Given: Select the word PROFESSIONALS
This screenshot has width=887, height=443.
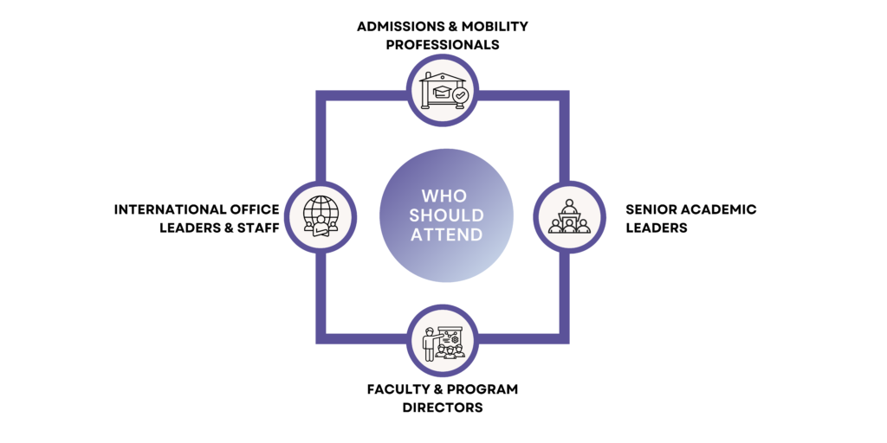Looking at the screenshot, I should point(443,44).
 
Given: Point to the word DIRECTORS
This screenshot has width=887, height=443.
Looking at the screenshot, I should point(443,407).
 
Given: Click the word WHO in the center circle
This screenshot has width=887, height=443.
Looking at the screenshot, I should point(443,196).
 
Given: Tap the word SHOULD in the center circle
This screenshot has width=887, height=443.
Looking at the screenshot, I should point(443,215).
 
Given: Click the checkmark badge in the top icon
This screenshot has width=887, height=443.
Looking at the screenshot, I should point(460,95).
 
